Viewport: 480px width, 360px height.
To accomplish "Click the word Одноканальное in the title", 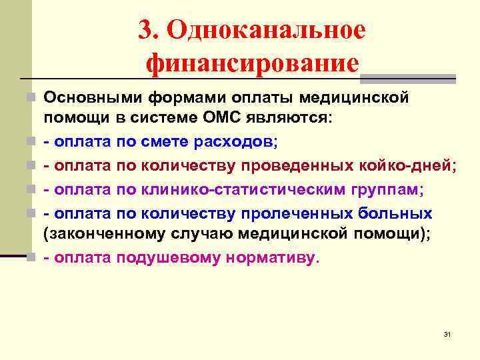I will point(267,30).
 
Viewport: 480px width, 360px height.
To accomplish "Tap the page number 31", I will point(447,333).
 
